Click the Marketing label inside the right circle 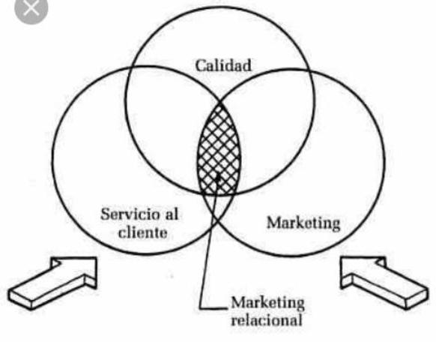click(x=303, y=223)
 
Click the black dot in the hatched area click(x=216, y=178)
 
